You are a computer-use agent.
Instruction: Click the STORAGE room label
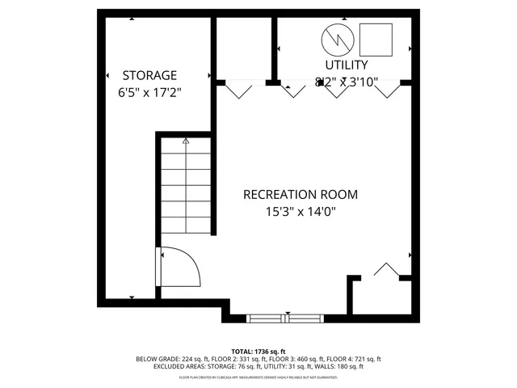click(x=149, y=75)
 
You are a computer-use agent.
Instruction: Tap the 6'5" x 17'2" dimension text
click(x=149, y=91)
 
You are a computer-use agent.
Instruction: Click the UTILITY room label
click(x=347, y=65)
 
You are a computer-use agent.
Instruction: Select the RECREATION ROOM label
click(x=301, y=195)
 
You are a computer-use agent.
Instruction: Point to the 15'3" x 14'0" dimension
click(x=301, y=212)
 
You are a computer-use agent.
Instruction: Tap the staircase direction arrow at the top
click(x=186, y=141)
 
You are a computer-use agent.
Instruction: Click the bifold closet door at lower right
click(x=387, y=271)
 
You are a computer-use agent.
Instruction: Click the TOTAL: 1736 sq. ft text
click(x=258, y=352)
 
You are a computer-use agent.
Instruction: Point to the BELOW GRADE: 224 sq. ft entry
click(x=166, y=359)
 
